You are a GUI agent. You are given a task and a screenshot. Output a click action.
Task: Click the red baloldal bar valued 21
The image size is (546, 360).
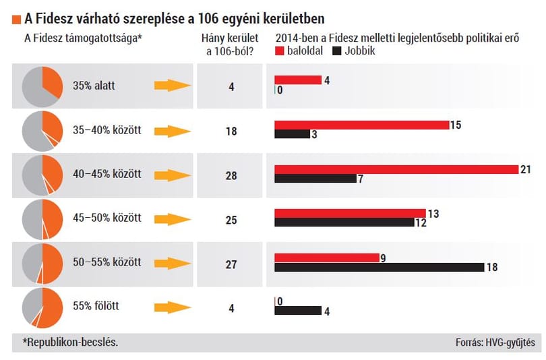point(396,170)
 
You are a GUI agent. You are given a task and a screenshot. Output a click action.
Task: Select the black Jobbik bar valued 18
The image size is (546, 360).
point(380,268)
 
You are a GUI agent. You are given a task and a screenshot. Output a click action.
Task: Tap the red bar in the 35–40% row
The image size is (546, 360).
point(362,125)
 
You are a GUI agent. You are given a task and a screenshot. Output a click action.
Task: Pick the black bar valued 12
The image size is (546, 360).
point(344,222)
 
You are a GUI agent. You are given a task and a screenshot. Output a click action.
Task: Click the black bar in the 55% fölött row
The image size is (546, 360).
point(298,311)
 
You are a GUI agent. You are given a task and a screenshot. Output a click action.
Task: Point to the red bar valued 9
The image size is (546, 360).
point(327,258)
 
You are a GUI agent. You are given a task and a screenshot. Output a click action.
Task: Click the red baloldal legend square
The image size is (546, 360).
point(280,51)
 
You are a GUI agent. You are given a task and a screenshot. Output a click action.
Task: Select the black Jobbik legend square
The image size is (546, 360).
point(337,51)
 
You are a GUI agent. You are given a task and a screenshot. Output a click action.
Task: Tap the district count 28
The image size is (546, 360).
point(231,176)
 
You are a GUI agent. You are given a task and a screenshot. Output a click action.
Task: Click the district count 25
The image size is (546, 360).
point(231,220)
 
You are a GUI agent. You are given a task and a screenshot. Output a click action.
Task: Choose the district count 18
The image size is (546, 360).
point(231,131)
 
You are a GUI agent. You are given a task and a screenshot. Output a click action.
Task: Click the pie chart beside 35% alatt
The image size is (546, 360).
point(42,87)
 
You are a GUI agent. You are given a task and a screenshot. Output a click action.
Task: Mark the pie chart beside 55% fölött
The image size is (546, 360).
point(42,308)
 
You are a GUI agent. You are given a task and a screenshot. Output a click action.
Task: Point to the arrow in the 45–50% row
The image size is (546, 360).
point(173,219)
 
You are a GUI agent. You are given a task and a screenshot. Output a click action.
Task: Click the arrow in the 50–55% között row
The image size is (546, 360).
point(173,264)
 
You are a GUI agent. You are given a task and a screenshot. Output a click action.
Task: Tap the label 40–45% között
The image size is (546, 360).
point(107,174)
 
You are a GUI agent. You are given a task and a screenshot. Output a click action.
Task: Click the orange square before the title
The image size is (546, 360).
point(16,20)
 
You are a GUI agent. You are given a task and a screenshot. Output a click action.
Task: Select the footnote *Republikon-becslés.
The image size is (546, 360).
point(70,342)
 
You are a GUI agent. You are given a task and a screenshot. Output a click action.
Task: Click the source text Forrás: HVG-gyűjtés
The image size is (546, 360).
point(495,342)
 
